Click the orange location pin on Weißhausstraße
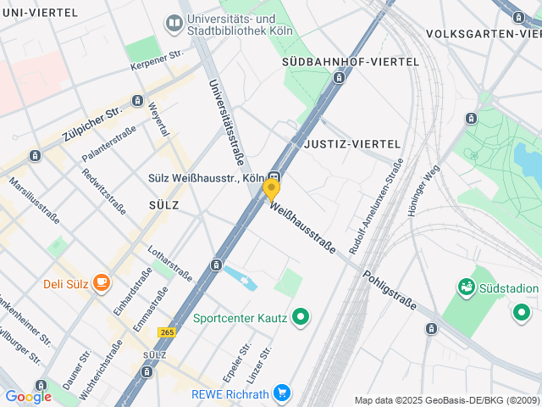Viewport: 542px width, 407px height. [271, 188]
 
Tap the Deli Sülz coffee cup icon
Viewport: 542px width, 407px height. [102, 282]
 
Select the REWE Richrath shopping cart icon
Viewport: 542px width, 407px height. [281, 393]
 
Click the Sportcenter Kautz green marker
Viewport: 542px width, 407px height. [300, 318]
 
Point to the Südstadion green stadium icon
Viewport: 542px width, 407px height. [465, 288]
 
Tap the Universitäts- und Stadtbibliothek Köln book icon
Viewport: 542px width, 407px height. [174, 24]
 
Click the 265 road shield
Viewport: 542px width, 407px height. [166, 332]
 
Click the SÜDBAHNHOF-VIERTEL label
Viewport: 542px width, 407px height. [350, 62]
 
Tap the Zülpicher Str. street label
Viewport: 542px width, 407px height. [92, 125]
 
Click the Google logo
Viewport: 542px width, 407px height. [28, 396]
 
